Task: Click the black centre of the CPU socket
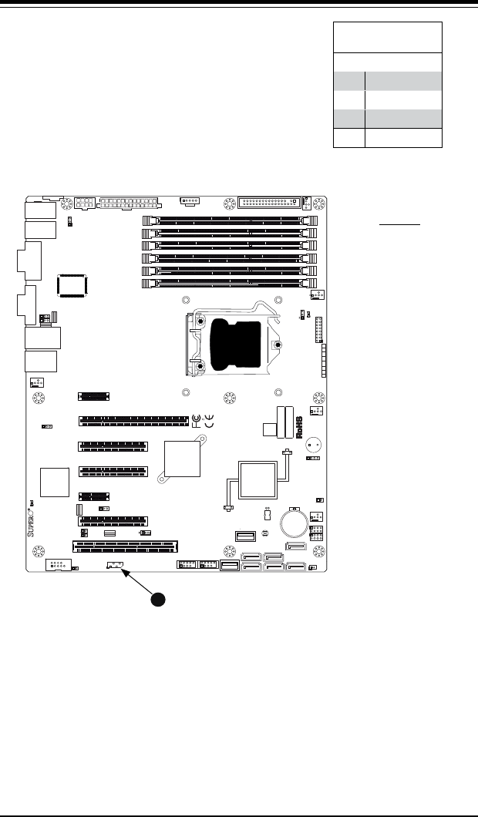pos(234,345)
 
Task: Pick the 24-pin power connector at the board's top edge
pos(128,204)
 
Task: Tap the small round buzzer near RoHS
pos(314,445)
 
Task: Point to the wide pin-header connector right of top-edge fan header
pos(269,204)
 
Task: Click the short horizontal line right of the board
pos(400,225)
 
